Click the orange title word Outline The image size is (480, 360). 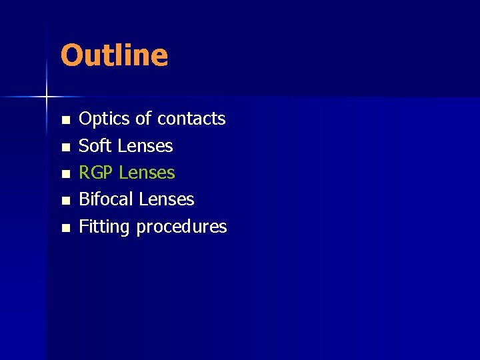114,55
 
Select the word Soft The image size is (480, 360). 94,145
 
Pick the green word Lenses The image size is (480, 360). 147,173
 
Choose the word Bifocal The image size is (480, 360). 106,199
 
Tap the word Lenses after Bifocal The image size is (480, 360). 166,199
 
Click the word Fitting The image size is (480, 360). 104,227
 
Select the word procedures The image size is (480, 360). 181,227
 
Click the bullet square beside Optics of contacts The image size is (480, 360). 65,121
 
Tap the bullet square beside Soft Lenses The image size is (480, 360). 65,147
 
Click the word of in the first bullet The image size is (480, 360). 143,119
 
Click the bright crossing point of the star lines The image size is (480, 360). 47,97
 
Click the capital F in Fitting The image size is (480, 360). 83,227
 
